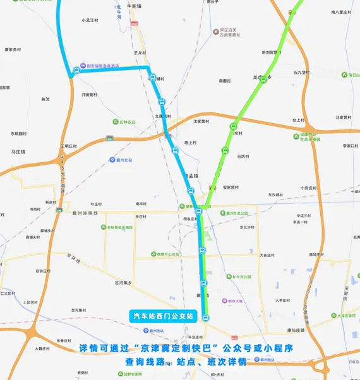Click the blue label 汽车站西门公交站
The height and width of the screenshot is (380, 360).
164,315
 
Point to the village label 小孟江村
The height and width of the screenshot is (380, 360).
92,20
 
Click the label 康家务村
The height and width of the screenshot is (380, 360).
13,49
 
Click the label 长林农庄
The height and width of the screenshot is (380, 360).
127,122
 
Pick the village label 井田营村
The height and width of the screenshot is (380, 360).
89,95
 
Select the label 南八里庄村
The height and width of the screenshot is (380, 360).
344,12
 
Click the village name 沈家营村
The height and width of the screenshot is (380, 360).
201,121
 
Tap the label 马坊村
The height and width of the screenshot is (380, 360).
244,156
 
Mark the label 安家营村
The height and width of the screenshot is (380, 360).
231,187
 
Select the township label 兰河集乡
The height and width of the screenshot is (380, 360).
123,282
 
